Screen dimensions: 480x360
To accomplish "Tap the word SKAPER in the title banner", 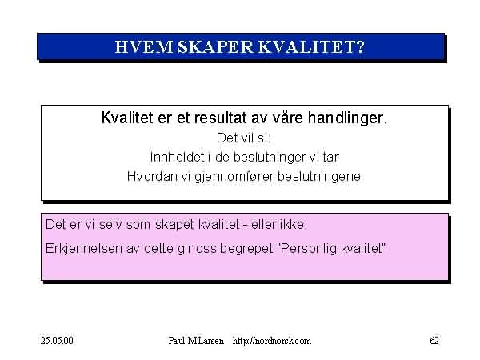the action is (215, 47).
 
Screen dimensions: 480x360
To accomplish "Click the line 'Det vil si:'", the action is (244, 138).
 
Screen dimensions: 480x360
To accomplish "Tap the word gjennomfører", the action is (234, 177).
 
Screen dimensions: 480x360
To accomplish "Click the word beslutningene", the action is (319, 177).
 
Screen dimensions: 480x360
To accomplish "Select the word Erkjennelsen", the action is (83, 248).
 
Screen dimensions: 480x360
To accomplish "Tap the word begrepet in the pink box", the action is (246, 249).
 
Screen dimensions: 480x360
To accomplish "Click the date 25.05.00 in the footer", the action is (57, 341).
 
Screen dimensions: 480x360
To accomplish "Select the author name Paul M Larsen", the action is (196, 341).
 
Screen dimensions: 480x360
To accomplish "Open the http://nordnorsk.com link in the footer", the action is (272, 341).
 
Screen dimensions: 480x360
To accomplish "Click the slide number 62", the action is (434, 341).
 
